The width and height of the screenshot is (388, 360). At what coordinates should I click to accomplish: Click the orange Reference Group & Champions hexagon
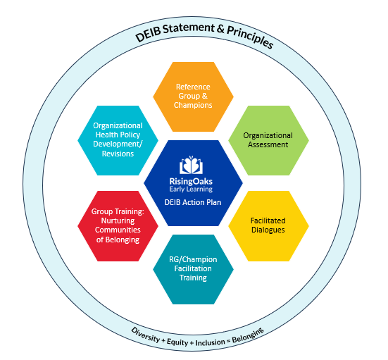tap(194, 96)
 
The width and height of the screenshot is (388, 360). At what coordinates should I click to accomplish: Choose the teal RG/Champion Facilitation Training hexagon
tap(194, 268)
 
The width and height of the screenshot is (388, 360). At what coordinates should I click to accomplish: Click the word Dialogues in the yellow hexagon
tap(268, 230)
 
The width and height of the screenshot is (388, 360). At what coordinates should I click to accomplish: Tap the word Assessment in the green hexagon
tap(268, 144)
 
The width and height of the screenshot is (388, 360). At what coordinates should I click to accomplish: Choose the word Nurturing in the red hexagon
tap(117, 220)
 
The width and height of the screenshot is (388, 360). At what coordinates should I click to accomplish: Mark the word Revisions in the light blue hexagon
tap(117, 153)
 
